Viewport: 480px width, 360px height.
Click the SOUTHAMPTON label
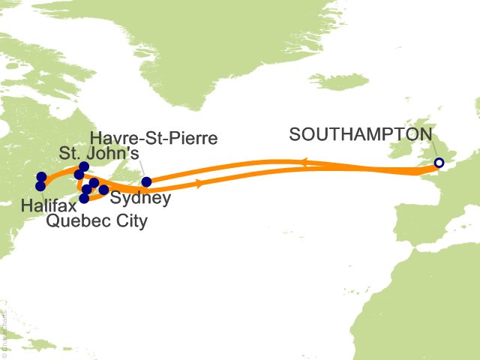point(361,135)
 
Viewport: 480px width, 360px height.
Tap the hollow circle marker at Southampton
point(439,163)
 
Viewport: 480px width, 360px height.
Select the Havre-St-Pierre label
point(154,138)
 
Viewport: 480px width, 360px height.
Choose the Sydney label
point(139,199)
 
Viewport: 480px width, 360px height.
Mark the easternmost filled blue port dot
point(146,181)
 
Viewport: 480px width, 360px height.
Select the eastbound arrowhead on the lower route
point(198,183)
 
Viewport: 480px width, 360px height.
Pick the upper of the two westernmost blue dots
point(42,177)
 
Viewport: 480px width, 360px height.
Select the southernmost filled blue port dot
point(84,199)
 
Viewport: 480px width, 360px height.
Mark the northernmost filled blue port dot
point(84,166)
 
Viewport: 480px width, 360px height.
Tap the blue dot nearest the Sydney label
point(103,190)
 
